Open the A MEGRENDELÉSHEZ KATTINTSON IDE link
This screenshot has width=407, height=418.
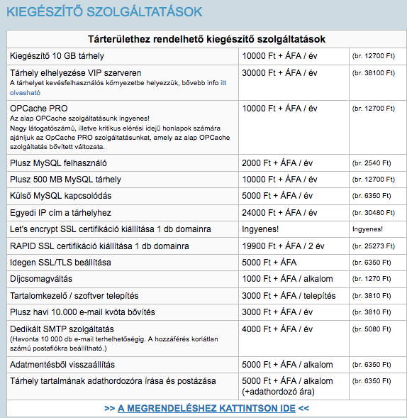pos(206,408)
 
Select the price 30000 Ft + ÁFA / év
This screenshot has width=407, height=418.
pos(277,72)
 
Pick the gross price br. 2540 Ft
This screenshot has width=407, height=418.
pos(370,163)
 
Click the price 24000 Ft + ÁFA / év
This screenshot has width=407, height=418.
pos(277,212)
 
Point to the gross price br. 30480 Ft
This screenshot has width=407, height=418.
pos(372,212)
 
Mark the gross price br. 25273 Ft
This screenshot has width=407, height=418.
pos(372,247)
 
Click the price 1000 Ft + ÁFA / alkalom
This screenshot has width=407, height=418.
pos(287,279)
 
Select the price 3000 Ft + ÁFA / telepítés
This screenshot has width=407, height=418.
pos(289,296)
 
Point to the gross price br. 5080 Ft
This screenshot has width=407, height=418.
pos(370,329)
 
